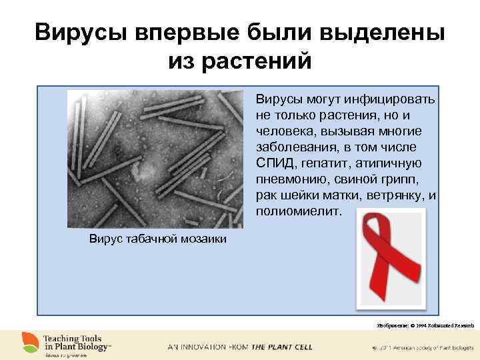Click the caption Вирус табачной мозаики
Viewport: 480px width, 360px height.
(x=158, y=239)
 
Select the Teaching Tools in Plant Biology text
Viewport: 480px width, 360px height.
(x=77, y=343)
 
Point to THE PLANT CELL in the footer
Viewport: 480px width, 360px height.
(x=281, y=347)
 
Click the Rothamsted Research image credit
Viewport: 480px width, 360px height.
(x=425, y=325)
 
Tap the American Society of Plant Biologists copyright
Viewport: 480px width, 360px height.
(x=420, y=348)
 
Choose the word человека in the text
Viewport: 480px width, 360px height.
(x=283, y=131)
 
